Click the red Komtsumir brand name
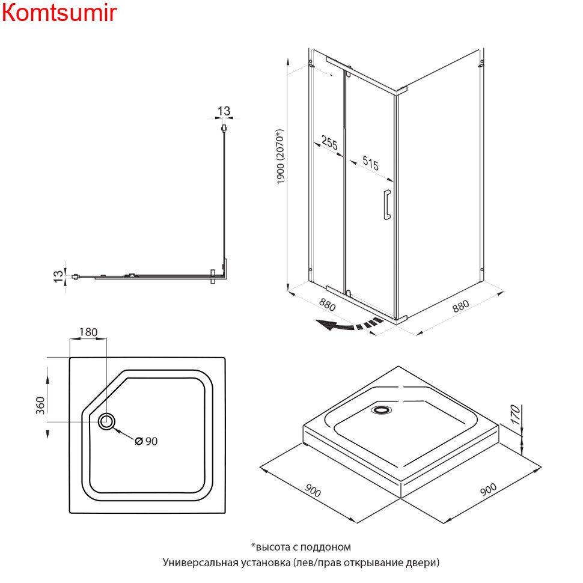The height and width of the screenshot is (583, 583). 59,13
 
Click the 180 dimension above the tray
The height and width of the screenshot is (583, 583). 88,332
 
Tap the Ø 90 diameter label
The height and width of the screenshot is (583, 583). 146,441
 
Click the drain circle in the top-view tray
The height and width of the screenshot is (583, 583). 108,421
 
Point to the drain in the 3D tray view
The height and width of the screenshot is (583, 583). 381,411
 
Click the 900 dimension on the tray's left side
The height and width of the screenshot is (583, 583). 313,490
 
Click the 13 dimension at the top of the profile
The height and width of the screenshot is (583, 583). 224,111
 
